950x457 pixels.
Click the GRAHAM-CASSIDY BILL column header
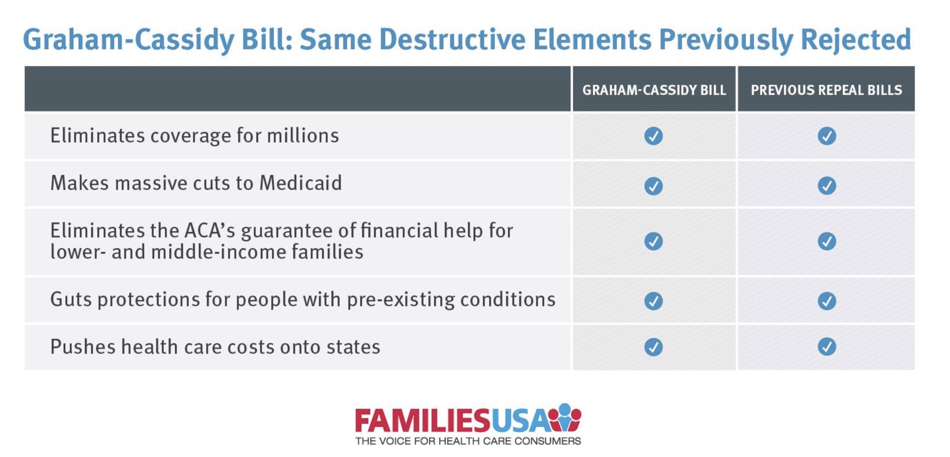tap(654, 90)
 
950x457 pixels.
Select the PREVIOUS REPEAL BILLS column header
tap(826, 90)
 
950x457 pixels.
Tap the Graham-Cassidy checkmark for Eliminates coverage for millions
tap(653, 136)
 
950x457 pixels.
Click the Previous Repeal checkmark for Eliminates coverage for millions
tap(827, 136)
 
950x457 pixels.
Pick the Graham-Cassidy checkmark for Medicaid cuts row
tap(653, 186)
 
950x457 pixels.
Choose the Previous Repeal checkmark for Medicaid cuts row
tap(827, 186)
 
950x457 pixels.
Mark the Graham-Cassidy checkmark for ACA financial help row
tap(653, 241)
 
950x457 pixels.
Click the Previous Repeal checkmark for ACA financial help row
tap(827, 241)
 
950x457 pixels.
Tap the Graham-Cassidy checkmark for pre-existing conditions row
tap(653, 301)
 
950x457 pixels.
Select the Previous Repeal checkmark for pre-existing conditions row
tap(827, 301)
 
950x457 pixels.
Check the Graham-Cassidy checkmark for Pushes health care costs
tap(653, 347)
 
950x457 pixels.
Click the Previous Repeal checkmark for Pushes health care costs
tap(827, 347)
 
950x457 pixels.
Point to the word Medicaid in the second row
tap(301, 183)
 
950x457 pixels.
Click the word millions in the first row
tap(303, 136)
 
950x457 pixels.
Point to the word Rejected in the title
tap(856, 40)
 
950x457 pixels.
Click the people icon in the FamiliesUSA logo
tap(565, 417)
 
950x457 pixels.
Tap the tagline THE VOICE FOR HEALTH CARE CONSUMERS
tap(468, 441)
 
